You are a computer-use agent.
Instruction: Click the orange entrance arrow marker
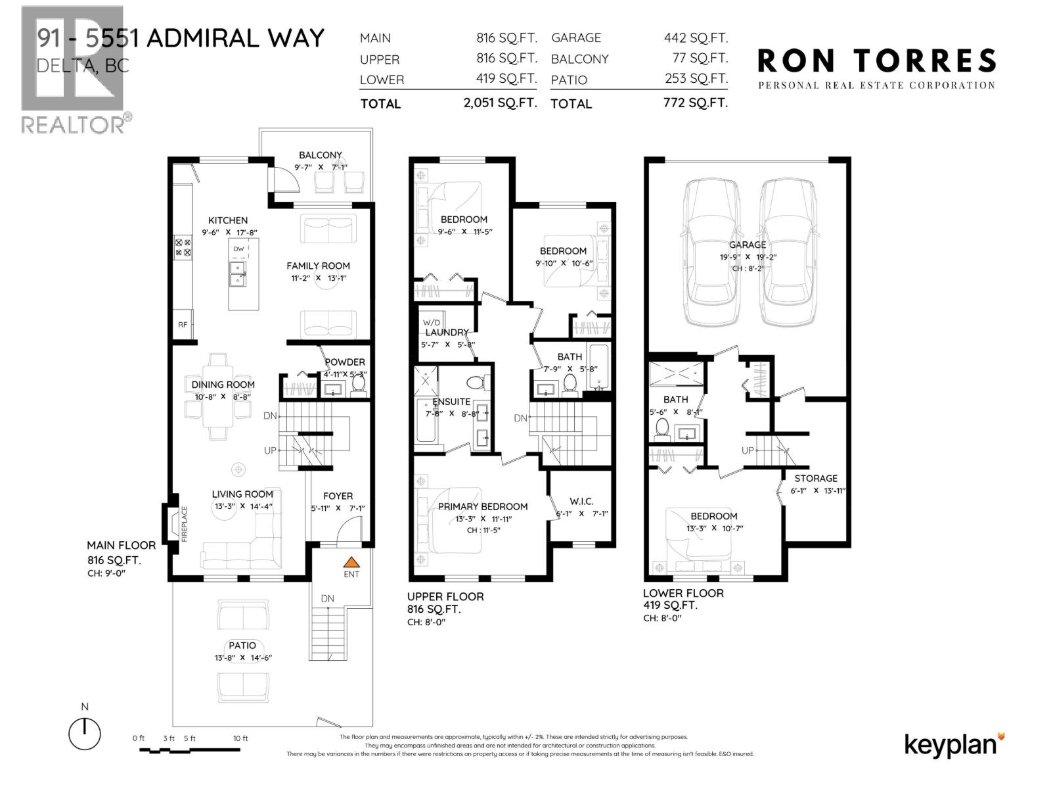(352, 562)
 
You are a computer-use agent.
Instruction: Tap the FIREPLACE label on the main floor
(185, 523)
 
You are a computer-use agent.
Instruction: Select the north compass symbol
(84, 732)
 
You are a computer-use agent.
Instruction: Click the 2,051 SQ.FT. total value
(500, 103)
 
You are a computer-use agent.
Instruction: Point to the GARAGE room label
(748, 245)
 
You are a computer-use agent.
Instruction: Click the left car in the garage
(709, 252)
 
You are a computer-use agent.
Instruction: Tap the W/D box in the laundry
(432, 322)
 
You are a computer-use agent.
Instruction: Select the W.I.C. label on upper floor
(581, 501)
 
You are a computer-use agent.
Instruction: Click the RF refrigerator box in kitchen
(183, 325)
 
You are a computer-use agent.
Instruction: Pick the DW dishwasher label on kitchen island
(238, 249)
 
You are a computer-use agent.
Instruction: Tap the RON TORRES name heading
(876, 61)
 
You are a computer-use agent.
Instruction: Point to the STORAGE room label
(816, 478)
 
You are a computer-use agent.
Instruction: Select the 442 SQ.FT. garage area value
(696, 38)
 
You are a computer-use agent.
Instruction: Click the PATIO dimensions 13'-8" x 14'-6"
(242, 657)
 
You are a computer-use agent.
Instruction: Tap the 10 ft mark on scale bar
(240, 738)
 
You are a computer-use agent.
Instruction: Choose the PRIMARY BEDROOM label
(483, 506)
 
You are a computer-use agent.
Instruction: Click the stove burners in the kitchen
(183, 247)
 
